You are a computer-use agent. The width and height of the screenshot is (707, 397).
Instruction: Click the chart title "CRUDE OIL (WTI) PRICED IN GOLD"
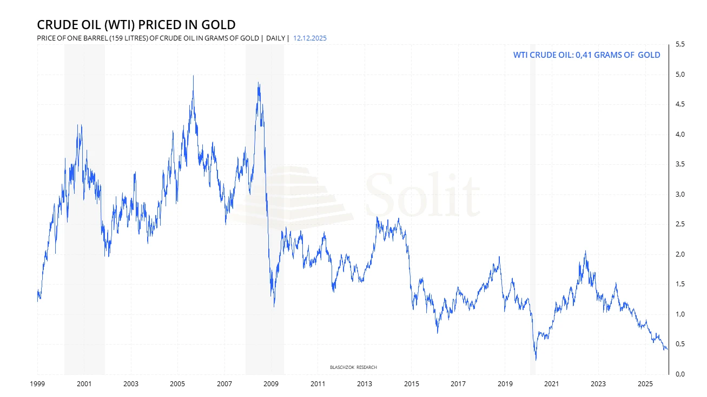coord(136,24)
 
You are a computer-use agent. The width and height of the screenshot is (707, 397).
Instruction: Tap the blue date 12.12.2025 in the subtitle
coord(309,38)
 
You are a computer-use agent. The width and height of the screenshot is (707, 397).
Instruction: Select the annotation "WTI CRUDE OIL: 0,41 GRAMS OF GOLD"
coord(586,55)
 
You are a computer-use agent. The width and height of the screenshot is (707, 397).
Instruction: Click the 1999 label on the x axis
coord(37,384)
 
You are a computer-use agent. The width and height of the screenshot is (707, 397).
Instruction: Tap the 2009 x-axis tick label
coord(271,384)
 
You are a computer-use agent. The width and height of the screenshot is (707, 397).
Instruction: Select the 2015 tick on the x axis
coord(411,384)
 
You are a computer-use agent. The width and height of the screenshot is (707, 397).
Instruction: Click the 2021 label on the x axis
coord(551,384)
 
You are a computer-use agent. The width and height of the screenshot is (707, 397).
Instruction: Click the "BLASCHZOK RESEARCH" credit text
coord(353,367)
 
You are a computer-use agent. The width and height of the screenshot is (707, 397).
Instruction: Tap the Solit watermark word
coord(422,194)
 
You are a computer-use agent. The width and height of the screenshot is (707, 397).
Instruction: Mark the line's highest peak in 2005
coord(194,76)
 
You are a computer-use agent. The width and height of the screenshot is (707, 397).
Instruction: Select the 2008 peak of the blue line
coord(259,83)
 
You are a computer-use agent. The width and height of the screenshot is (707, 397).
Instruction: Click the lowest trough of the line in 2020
coord(536,360)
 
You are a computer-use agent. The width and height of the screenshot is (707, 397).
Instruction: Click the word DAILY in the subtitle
coord(275,38)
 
